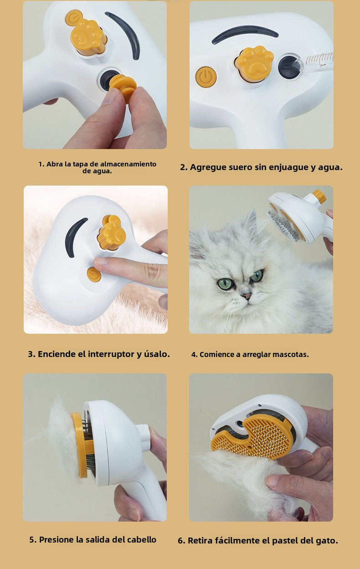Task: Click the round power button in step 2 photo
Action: pyautogui.click(x=206, y=77)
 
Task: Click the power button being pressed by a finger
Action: pyautogui.click(x=94, y=274)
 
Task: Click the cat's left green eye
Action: pyautogui.click(x=225, y=284)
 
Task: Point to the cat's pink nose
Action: pyautogui.click(x=247, y=296)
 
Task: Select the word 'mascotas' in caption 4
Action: pyautogui.click(x=290, y=354)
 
